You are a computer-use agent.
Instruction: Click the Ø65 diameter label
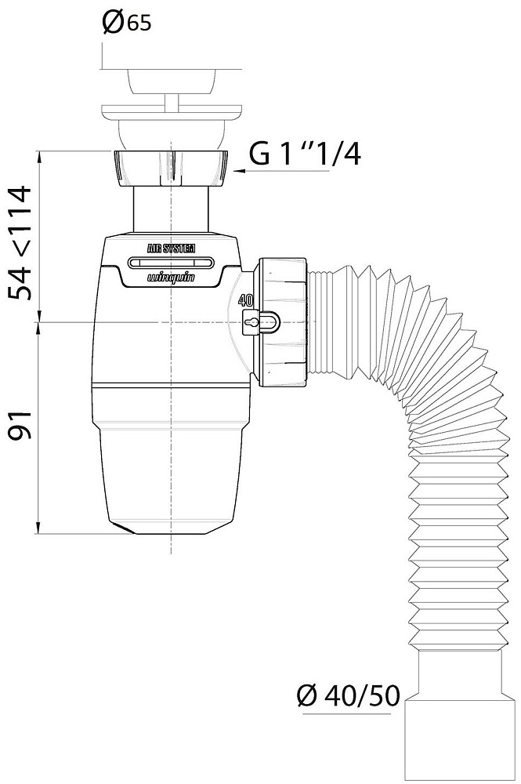pyautogui.click(x=126, y=23)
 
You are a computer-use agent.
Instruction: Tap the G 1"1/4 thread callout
pyautogui.click(x=304, y=154)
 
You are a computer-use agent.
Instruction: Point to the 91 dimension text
pyautogui.click(x=20, y=424)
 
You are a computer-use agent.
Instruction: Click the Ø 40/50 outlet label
pyautogui.click(x=348, y=695)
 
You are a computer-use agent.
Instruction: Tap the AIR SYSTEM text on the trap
pyautogui.click(x=171, y=249)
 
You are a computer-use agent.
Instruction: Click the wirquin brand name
pyautogui.click(x=171, y=278)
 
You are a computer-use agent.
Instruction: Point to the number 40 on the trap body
pyautogui.click(x=245, y=300)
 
